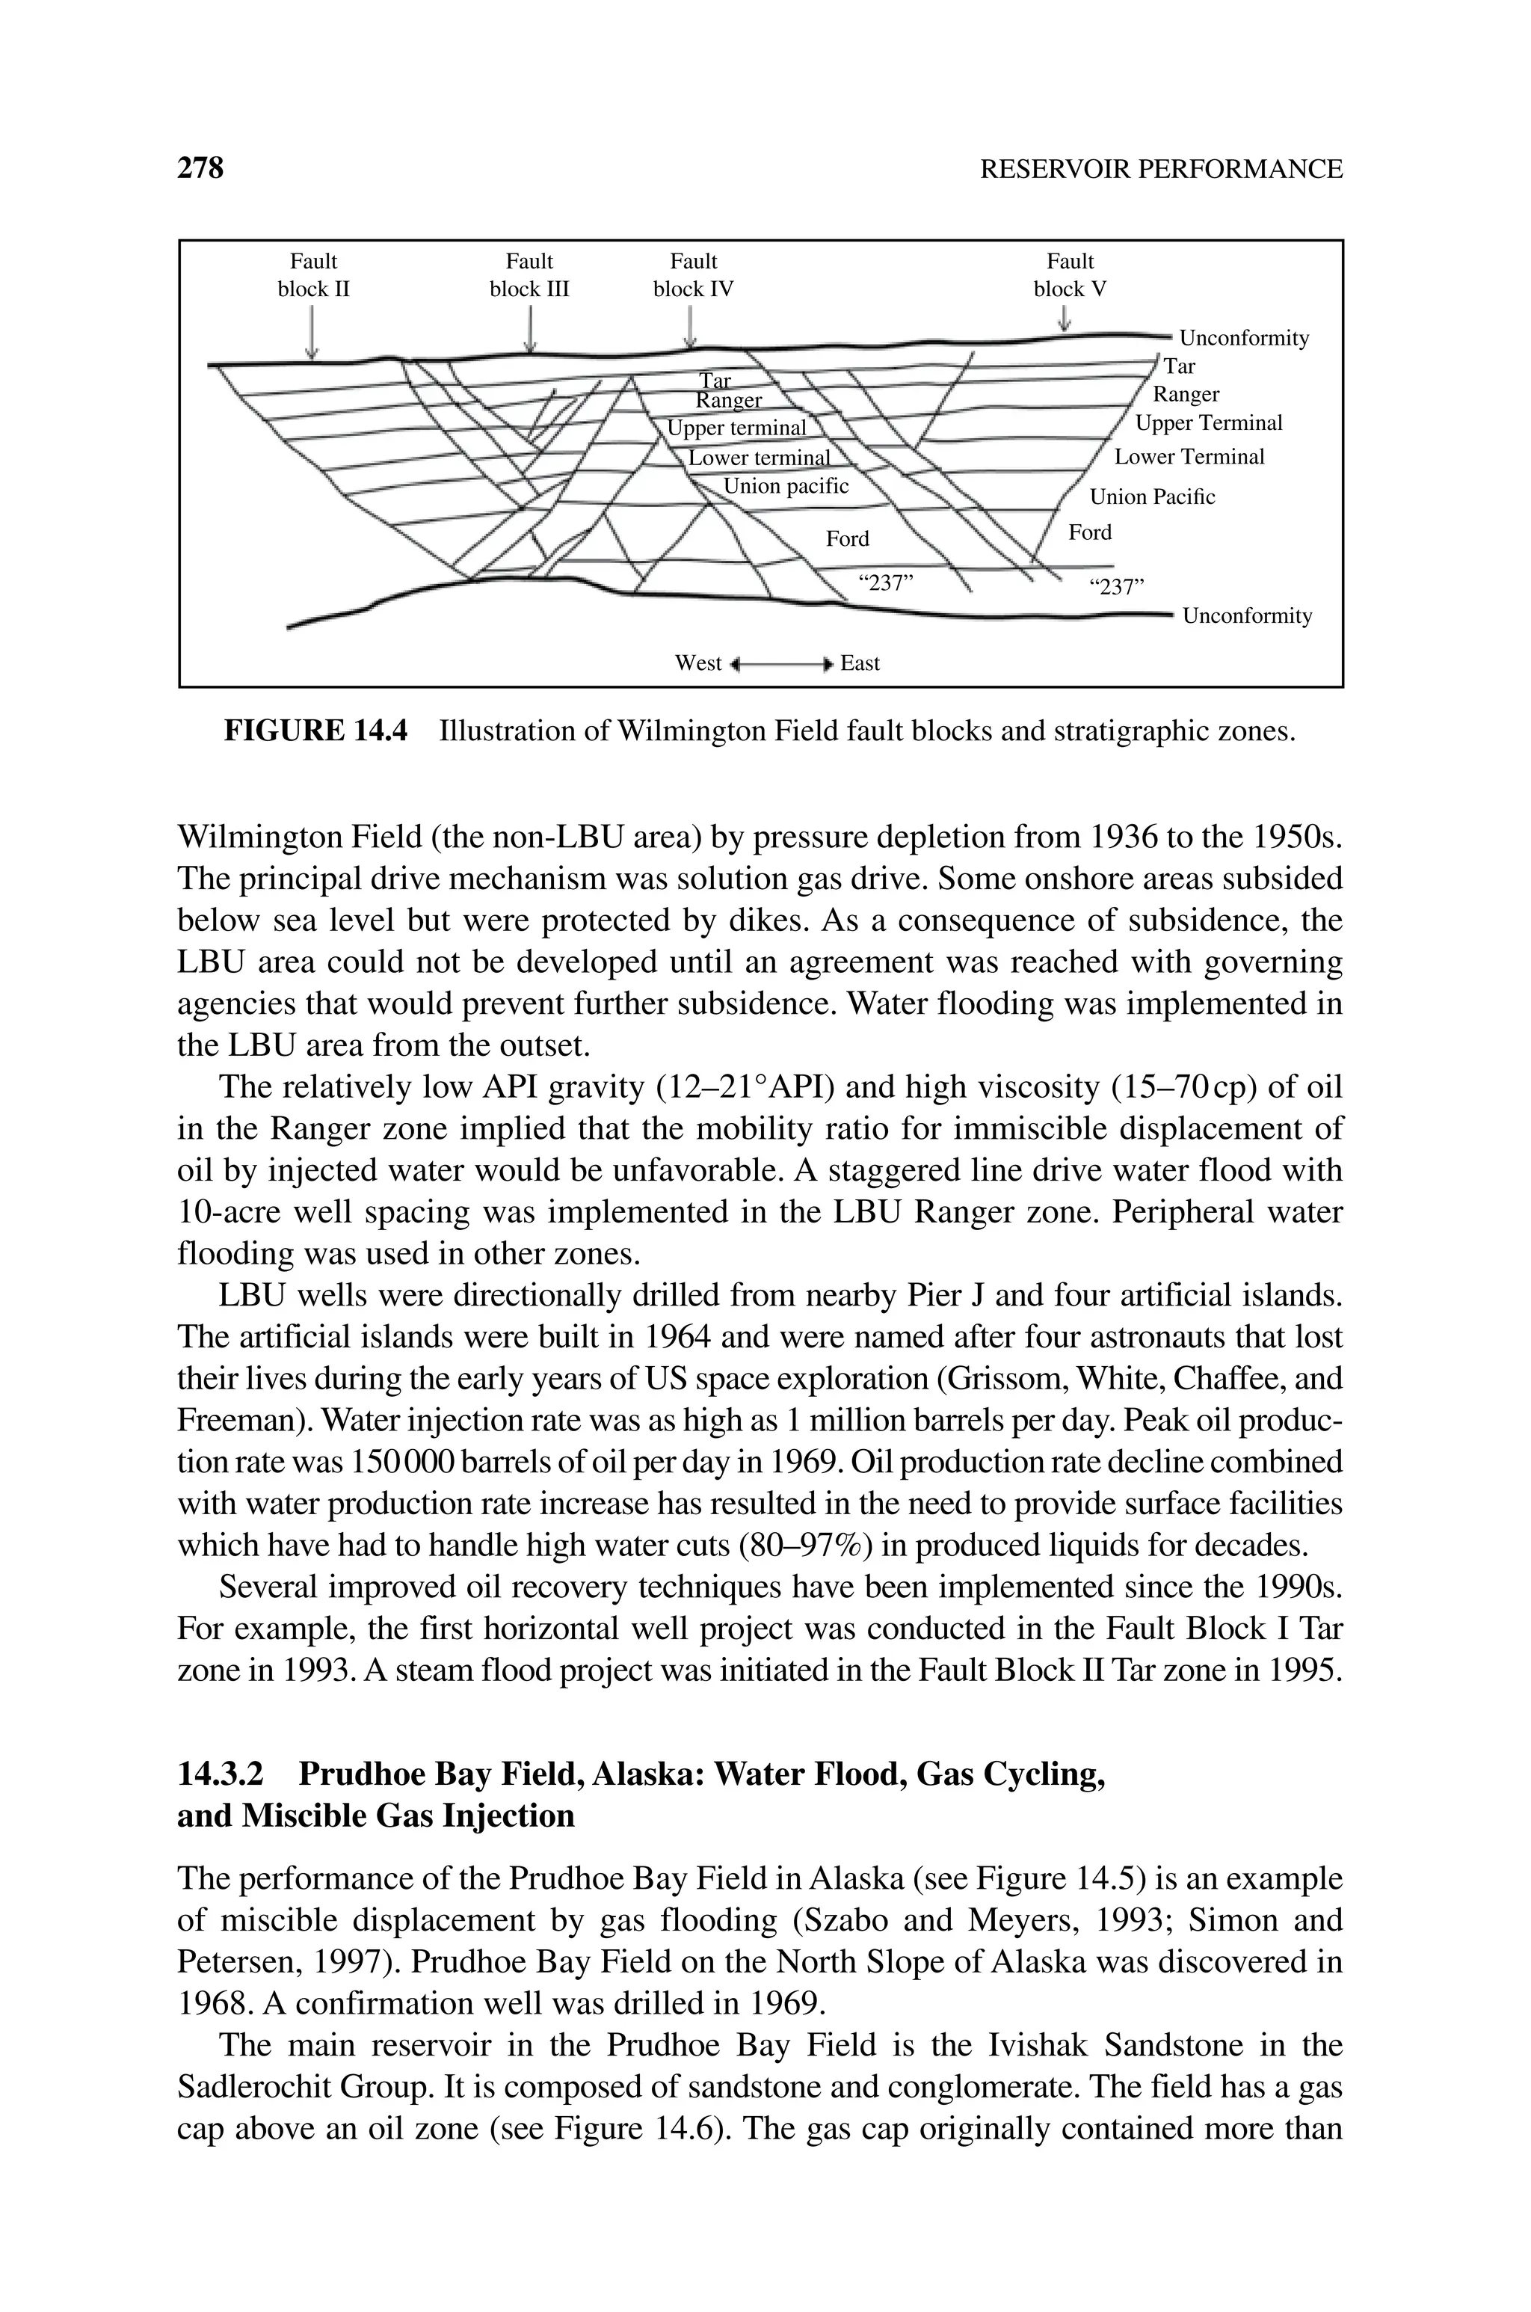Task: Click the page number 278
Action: (200, 168)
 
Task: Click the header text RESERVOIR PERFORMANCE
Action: (1160, 169)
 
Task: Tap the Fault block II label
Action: (313, 275)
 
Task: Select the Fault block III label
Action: (529, 275)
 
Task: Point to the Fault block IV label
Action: (693, 275)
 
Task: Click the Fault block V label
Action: (1071, 275)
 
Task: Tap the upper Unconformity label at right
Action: (1244, 339)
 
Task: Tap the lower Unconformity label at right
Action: (1247, 616)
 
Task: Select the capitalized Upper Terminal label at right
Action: (1209, 422)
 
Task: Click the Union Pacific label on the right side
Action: (1152, 497)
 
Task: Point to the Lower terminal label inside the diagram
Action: (759, 458)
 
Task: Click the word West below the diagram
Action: (698, 664)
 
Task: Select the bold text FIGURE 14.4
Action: (315, 731)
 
